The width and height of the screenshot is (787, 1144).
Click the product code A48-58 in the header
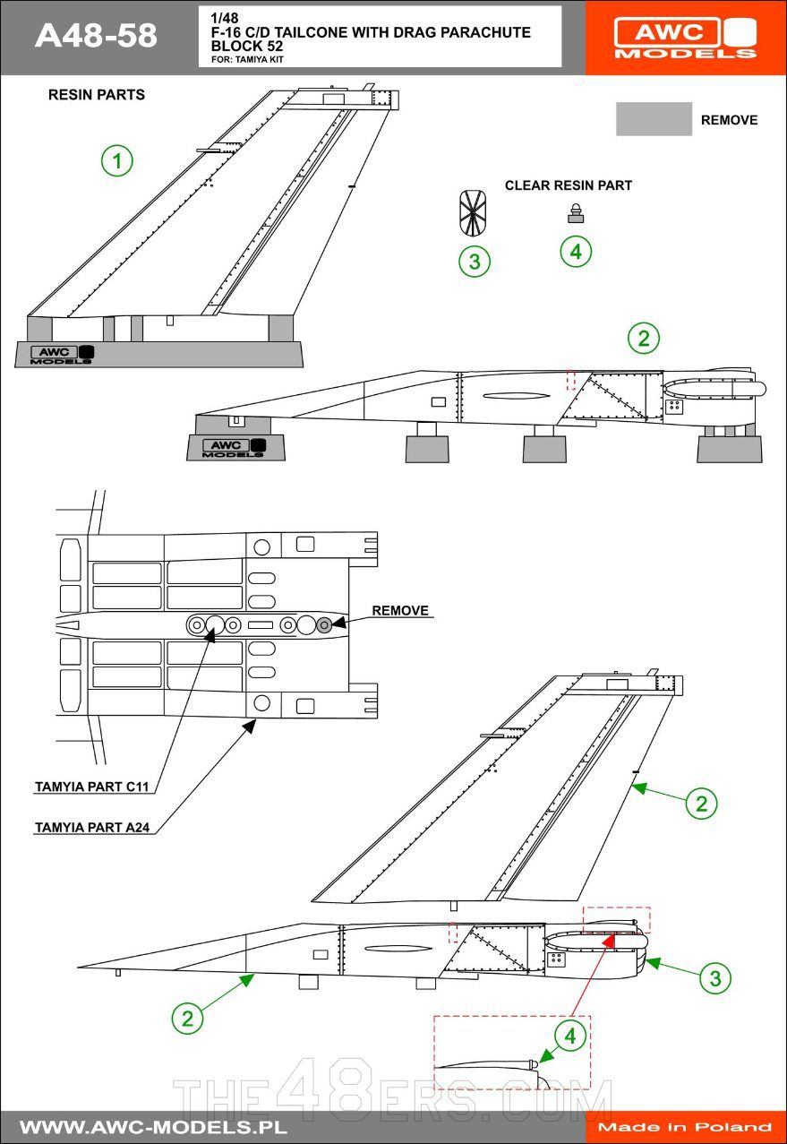96,36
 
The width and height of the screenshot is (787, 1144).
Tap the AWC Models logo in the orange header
685,38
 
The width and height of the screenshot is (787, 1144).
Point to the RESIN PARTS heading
96,95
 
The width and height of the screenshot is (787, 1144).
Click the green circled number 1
116,161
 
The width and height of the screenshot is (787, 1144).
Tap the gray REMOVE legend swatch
654,119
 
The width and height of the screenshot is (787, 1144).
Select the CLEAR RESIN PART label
569,185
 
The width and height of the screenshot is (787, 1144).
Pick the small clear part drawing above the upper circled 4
575,212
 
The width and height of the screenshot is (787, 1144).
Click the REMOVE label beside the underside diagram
400,611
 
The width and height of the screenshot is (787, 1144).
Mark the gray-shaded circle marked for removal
324,624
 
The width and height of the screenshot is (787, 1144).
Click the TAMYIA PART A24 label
91,828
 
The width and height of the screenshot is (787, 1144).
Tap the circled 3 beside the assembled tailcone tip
714,978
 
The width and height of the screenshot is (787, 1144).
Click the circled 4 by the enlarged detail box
570,1037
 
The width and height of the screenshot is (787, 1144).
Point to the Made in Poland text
685,1127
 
